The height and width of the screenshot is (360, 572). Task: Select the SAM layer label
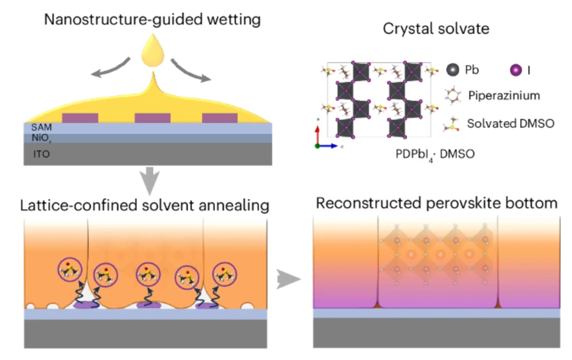[41, 127]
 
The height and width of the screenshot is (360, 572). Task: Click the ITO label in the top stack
[41, 154]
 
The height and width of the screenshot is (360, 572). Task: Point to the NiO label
[40, 138]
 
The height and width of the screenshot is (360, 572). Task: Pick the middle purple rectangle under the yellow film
[152, 118]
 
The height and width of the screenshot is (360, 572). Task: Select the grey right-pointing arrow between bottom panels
[288, 279]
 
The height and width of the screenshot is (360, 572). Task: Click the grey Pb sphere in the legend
[453, 70]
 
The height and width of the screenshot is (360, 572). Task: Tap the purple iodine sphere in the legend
[516, 70]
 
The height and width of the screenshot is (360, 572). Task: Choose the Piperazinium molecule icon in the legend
[453, 96]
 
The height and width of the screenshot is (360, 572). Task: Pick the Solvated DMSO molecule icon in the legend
[452, 124]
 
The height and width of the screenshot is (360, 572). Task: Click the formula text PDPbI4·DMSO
[435, 154]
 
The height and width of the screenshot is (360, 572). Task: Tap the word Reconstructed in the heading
[369, 203]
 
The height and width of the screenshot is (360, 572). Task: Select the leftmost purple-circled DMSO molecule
[70, 270]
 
